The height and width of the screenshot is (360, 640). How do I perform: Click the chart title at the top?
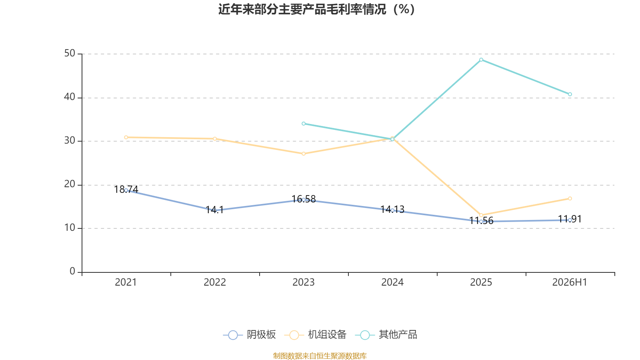(x=316, y=10)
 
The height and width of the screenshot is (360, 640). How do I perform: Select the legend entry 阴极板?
(x=250, y=334)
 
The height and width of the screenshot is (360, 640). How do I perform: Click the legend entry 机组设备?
(x=316, y=334)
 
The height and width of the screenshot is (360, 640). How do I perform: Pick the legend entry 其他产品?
(x=386, y=334)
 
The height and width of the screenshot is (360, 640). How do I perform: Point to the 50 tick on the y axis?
(x=70, y=54)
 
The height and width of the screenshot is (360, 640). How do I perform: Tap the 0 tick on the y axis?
(x=72, y=271)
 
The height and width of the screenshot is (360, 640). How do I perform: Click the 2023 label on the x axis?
(x=304, y=282)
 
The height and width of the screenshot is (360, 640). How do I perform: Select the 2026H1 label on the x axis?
(x=570, y=282)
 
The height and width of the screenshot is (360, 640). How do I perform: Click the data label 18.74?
(x=126, y=190)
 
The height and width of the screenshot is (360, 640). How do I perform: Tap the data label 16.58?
(x=304, y=199)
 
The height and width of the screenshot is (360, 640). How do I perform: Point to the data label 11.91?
(x=570, y=219)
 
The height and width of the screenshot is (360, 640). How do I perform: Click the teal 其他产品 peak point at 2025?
(x=481, y=60)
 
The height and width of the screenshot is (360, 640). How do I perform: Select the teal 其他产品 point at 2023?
(x=304, y=124)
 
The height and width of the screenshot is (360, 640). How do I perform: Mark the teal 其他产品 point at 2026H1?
(x=570, y=94)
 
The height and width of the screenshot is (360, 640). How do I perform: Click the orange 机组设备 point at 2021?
(x=126, y=138)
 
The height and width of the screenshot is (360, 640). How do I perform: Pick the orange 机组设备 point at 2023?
(x=304, y=154)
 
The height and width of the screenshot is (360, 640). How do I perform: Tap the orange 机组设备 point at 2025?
(x=481, y=215)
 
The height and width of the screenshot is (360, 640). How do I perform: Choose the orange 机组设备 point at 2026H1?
(x=570, y=198)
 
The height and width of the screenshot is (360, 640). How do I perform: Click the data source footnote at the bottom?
(x=320, y=356)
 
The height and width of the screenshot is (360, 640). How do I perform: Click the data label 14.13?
(x=392, y=210)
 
